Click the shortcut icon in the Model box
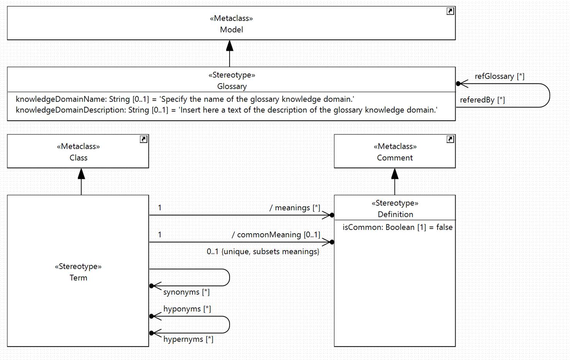coord(450,11)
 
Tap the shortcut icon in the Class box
coord(143,139)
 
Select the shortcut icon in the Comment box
coord(450,139)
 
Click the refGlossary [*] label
coord(500,76)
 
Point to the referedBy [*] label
coord(482,100)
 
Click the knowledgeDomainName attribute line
coord(185,99)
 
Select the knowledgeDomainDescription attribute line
coord(226,110)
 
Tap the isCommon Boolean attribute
coord(398,227)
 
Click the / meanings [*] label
coord(295,208)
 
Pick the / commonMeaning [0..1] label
coord(276,234)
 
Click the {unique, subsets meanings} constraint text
coord(270,252)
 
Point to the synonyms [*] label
coord(187,292)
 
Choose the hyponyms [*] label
coord(187,309)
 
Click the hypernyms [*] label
coord(188,339)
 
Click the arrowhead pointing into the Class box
coord(81,173)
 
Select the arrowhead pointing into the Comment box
coord(395,173)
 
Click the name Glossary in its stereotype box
coord(232,86)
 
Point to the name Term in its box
coord(78,278)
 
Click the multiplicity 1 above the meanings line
coord(160,208)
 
